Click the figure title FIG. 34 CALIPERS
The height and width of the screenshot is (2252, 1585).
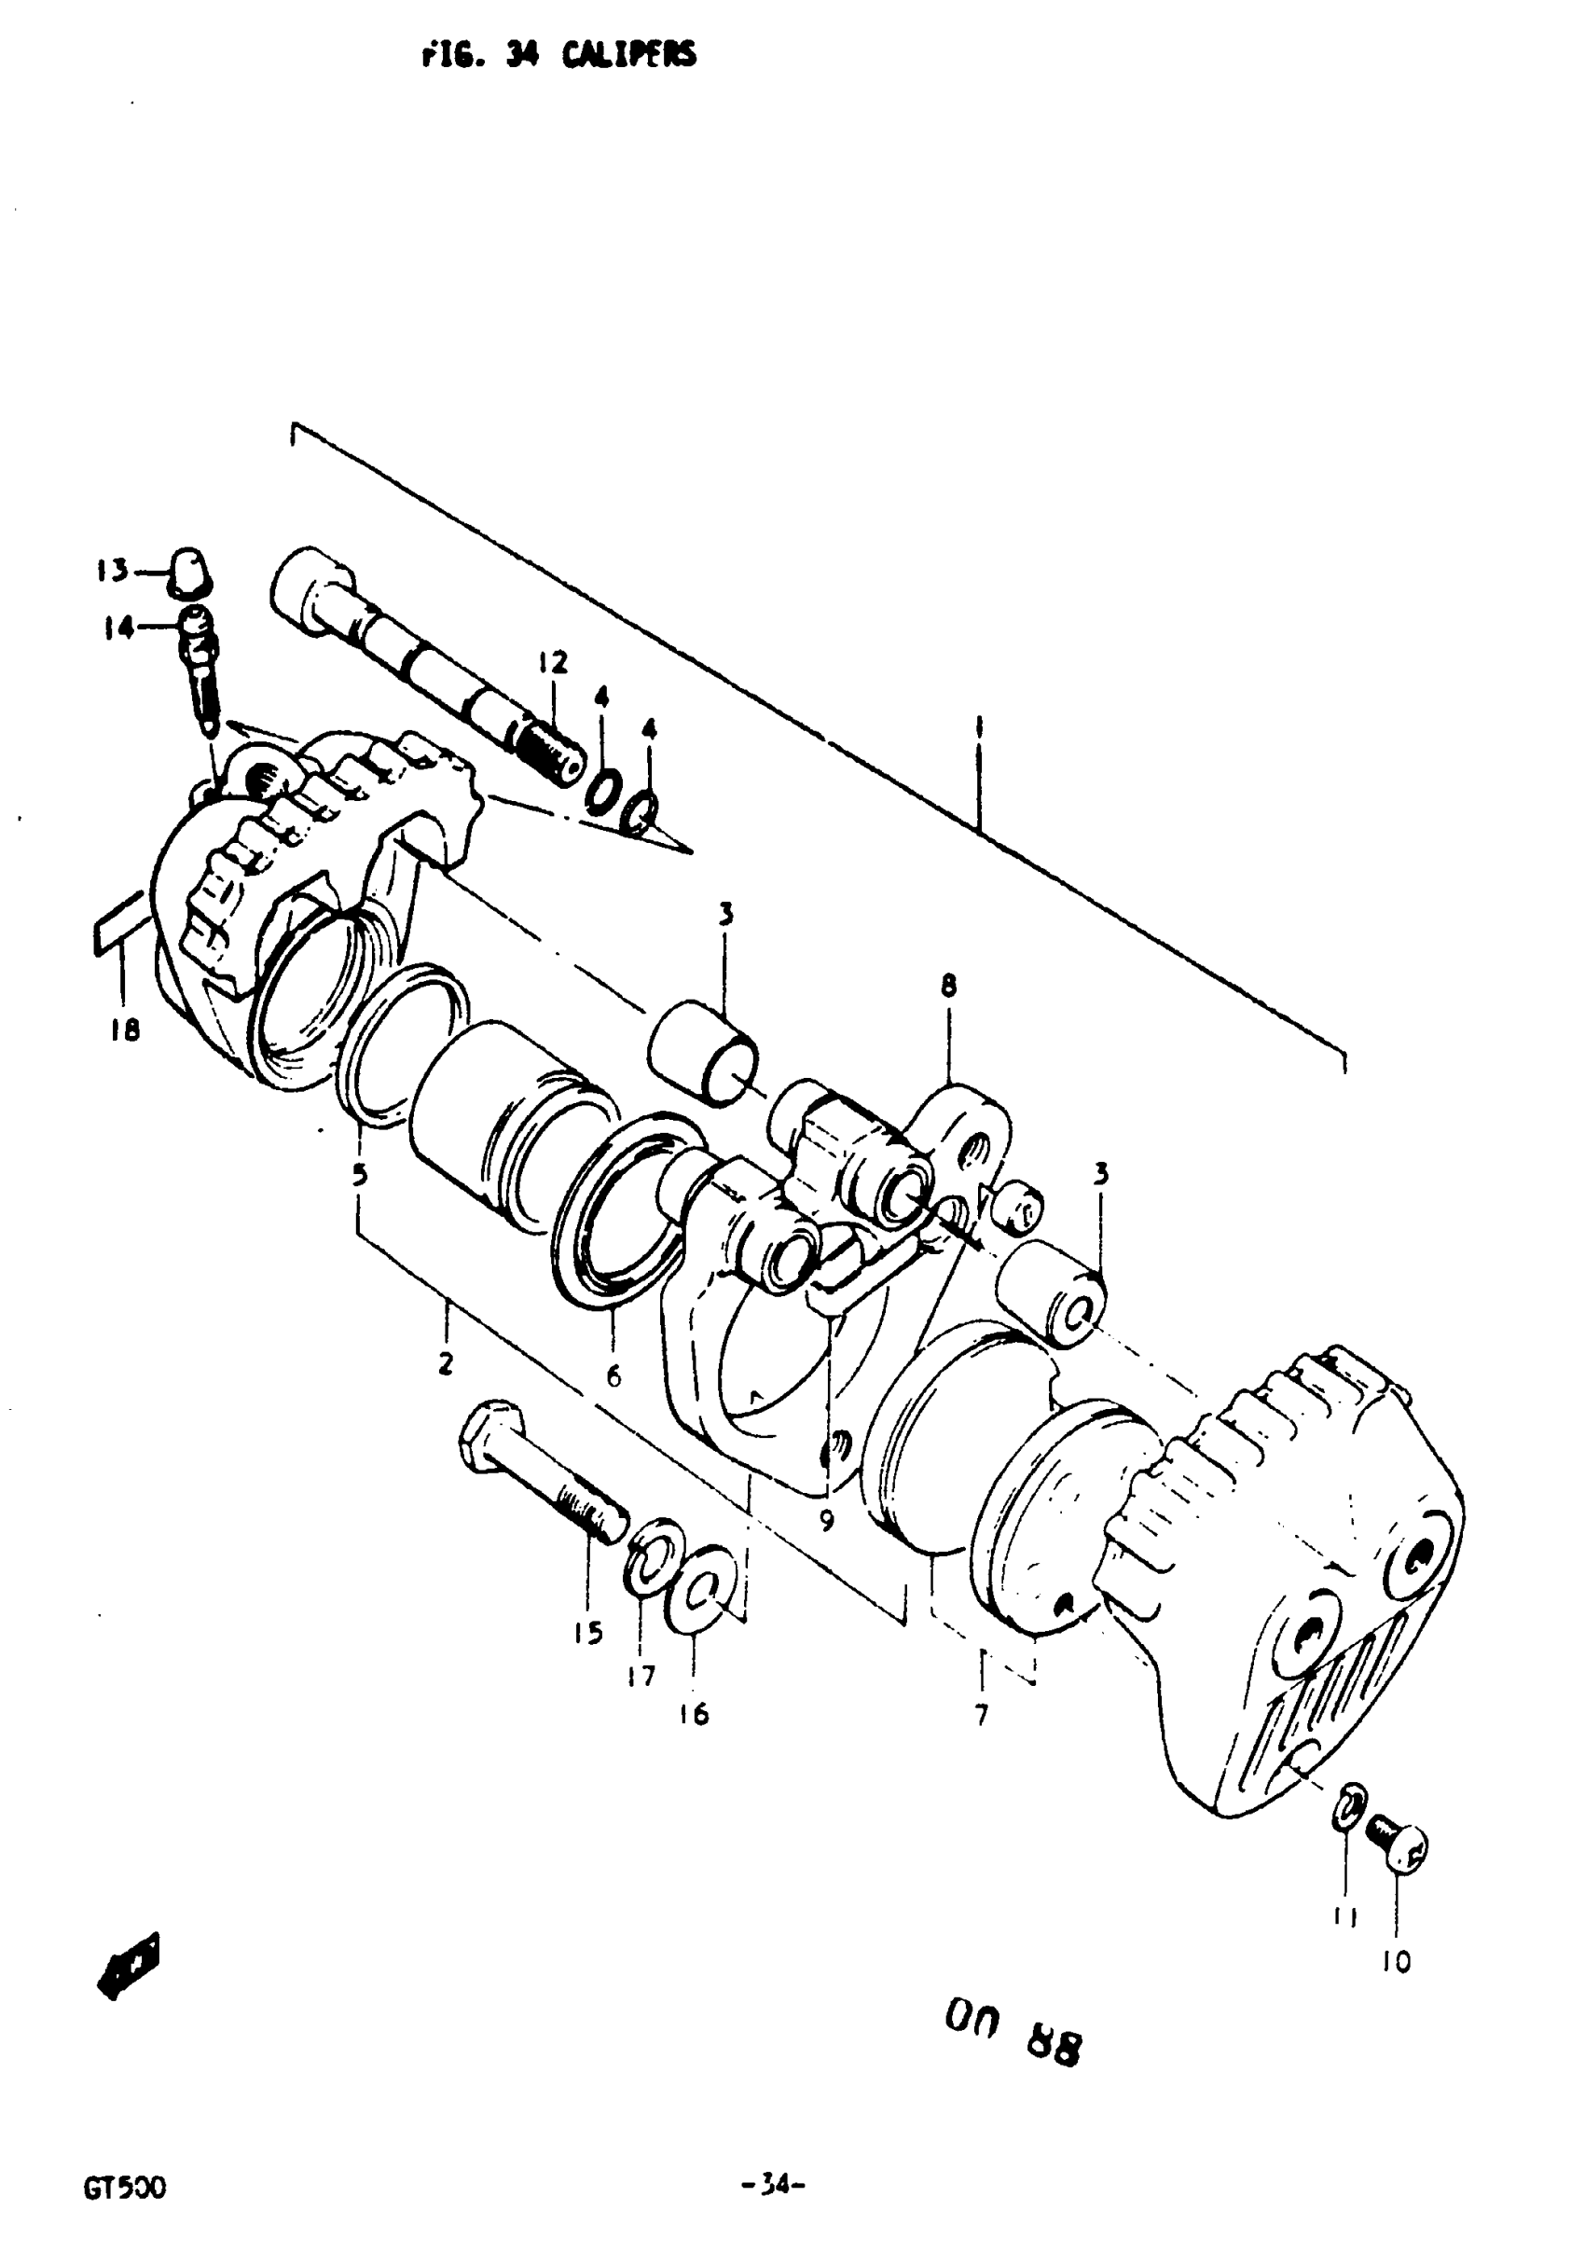pyautogui.click(x=558, y=55)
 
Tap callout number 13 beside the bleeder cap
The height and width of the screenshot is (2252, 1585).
pyautogui.click(x=112, y=570)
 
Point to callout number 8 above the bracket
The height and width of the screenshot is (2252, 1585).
pyautogui.click(x=947, y=985)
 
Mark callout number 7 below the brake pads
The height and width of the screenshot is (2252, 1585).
pyautogui.click(x=981, y=1714)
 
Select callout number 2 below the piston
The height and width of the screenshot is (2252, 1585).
pyautogui.click(x=446, y=1363)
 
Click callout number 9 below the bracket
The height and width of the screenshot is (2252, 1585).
pyautogui.click(x=827, y=1521)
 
